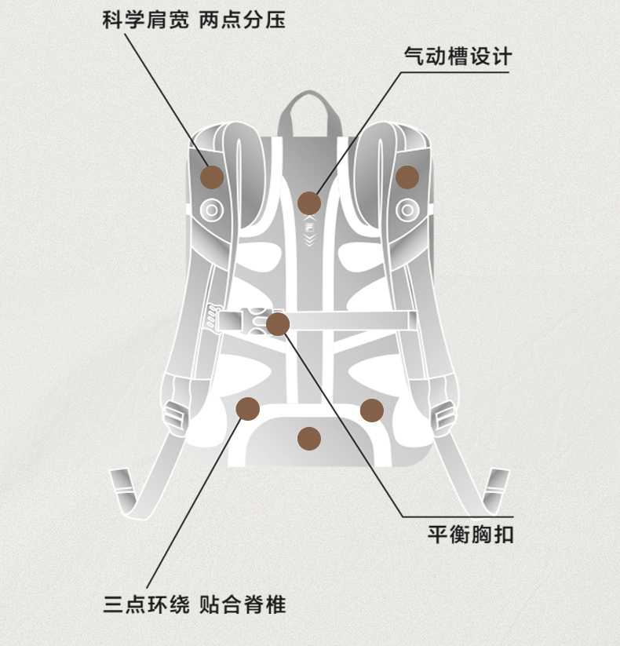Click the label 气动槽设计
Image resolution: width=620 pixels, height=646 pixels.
click(x=458, y=56)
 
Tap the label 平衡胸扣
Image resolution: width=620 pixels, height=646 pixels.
click(x=470, y=535)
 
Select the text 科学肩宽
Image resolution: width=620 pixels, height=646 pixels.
click(x=146, y=20)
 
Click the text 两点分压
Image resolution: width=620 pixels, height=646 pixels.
click(x=243, y=20)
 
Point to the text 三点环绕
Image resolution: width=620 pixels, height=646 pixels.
click(x=146, y=604)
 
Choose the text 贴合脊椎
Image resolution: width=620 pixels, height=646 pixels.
click(x=243, y=604)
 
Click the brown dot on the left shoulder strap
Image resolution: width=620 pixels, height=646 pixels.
click(x=212, y=177)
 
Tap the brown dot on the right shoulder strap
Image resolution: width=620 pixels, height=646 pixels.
click(x=407, y=177)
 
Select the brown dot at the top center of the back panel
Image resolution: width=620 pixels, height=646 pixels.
click(x=309, y=203)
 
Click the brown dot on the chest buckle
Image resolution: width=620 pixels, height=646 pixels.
click(x=278, y=324)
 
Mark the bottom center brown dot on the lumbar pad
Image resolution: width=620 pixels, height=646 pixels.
click(x=309, y=438)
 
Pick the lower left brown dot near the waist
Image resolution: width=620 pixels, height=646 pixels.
click(x=247, y=409)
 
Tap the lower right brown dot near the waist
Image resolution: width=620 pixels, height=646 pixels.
click(x=372, y=411)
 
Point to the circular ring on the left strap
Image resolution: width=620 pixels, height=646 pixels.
click(x=212, y=210)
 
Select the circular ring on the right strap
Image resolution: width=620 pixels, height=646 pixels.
click(x=407, y=210)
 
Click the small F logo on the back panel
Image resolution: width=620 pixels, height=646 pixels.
click(x=309, y=228)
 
